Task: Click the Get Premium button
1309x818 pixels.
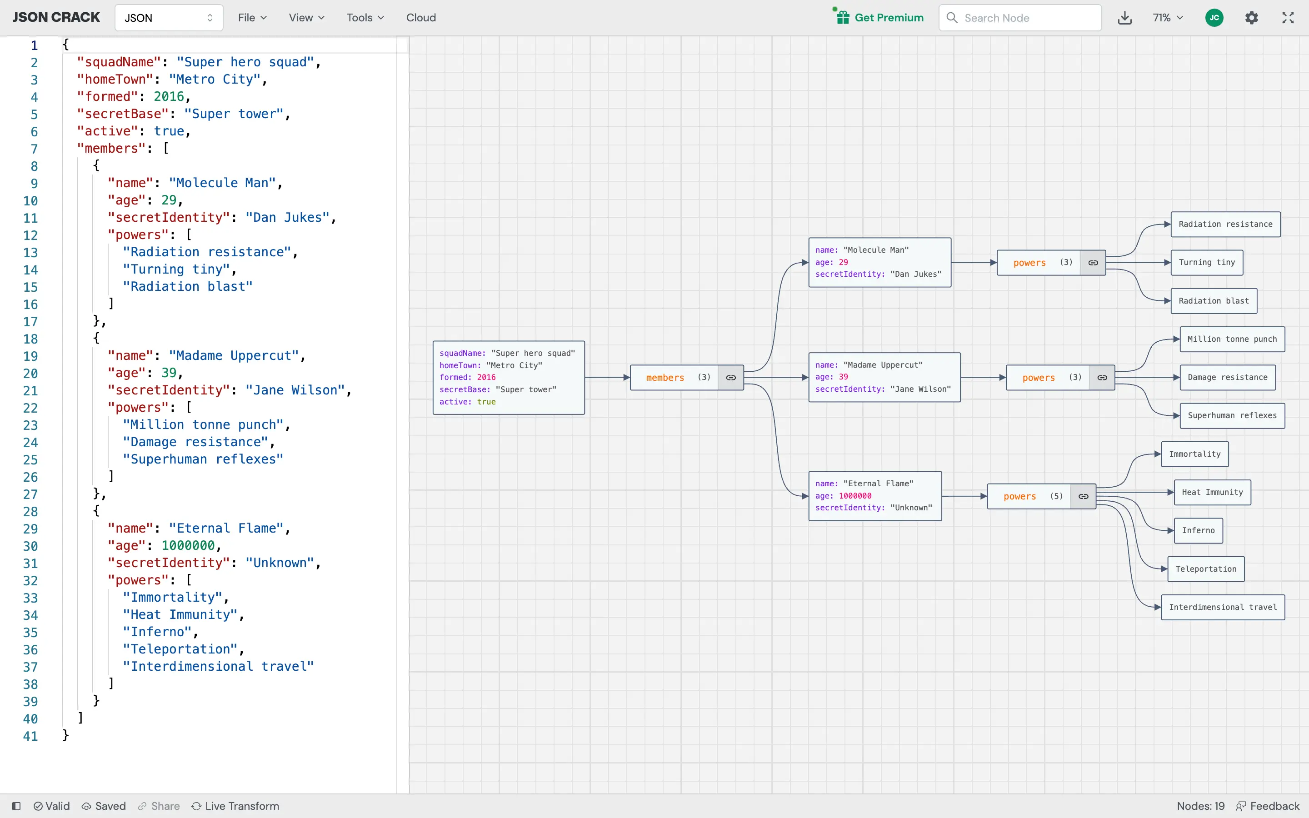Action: coord(879,18)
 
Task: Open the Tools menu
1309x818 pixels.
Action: coord(365,18)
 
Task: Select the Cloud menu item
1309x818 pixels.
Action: coord(421,18)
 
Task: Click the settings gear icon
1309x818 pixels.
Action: coord(1251,18)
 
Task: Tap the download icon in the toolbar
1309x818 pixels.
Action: coord(1124,18)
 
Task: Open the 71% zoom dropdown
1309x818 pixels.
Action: coord(1167,18)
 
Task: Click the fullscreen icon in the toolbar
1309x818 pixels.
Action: coord(1288,18)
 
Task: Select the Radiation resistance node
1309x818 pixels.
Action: coord(1225,224)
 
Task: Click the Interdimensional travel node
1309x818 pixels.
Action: coord(1223,607)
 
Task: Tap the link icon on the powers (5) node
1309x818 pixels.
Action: coord(1084,496)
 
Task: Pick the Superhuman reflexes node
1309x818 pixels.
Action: coord(1232,415)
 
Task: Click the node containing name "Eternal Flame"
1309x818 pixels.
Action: coord(874,495)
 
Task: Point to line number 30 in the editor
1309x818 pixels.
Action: coord(30,546)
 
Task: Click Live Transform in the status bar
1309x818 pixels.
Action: coord(235,806)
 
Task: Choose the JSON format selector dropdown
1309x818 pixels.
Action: coord(169,18)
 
